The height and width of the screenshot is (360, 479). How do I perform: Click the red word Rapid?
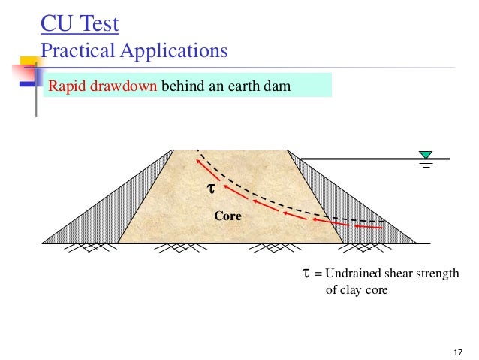pos(64,85)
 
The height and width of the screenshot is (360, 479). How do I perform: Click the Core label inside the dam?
pos(227,216)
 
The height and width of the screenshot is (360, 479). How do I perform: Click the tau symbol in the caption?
pos(306,274)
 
